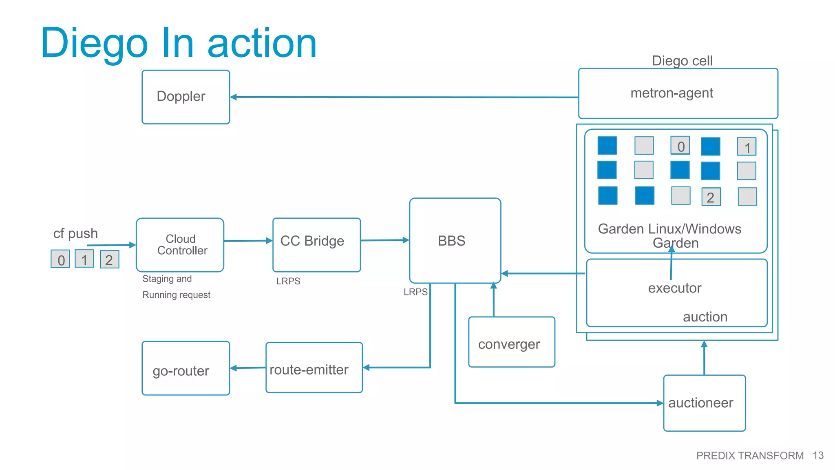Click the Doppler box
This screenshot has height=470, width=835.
click(x=186, y=97)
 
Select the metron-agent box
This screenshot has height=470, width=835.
click(x=678, y=93)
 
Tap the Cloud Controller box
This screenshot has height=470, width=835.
click(x=180, y=245)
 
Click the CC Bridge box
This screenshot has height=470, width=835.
click(x=316, y=245)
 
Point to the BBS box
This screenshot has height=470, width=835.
click(x=455, y=241)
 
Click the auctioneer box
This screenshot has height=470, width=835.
click(x=704, y=403)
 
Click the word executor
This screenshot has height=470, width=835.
click(x=674, y=288)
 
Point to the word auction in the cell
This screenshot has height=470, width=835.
click(x=705, y=317)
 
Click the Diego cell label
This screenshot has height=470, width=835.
click(x=682, y=61)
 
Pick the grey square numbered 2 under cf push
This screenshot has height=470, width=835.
click(x=109, y=259)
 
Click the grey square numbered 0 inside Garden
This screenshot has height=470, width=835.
click(x=680, y=146)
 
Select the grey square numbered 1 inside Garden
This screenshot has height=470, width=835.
click(x=747, y=147)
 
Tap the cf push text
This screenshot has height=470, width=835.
click(x=75, y=233)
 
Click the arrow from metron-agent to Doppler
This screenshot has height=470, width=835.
click(x=404, y=97)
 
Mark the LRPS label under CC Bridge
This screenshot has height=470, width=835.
click(x=288, y=281)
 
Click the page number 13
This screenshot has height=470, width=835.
click(x=818, y=455)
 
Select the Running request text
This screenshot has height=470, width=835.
click(x=176, y=295)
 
